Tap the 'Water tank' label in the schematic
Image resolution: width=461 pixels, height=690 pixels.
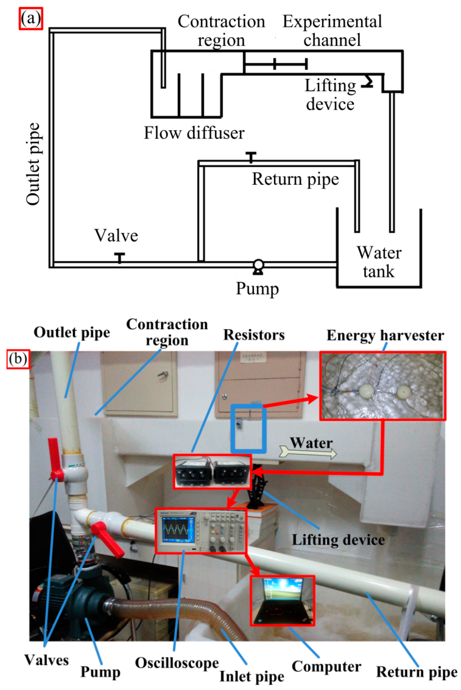379,261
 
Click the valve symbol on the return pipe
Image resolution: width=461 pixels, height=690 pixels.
251,157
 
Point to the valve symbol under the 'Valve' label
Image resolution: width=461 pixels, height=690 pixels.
119,258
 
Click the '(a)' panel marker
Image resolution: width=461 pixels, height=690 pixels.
31,19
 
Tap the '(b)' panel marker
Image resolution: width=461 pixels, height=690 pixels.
18,359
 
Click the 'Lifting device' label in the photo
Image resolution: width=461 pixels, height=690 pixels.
338,540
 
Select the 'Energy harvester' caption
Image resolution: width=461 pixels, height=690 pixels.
385,335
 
